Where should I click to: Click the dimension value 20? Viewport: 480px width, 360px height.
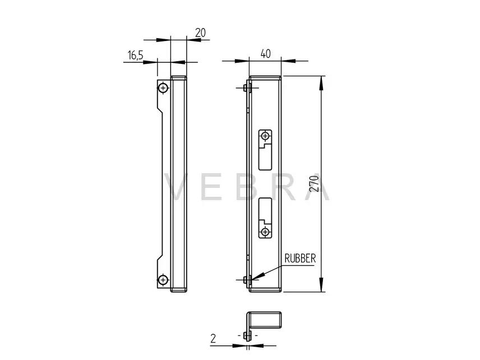(200, 33)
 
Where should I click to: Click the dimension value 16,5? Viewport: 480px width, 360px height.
(135, 55)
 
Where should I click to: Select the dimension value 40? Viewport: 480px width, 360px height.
(265, 54)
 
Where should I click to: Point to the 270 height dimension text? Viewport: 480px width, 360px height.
(314, 183)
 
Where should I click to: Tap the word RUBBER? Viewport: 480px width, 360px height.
(300, 259)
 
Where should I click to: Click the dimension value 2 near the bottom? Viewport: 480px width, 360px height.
(213, 338)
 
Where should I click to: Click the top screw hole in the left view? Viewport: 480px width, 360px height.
(163, 88)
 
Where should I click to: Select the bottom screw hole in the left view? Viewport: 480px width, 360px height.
(163, 279)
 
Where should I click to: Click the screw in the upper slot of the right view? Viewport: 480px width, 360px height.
(265, 136)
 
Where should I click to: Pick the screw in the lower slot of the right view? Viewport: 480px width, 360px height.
(265, 232)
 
